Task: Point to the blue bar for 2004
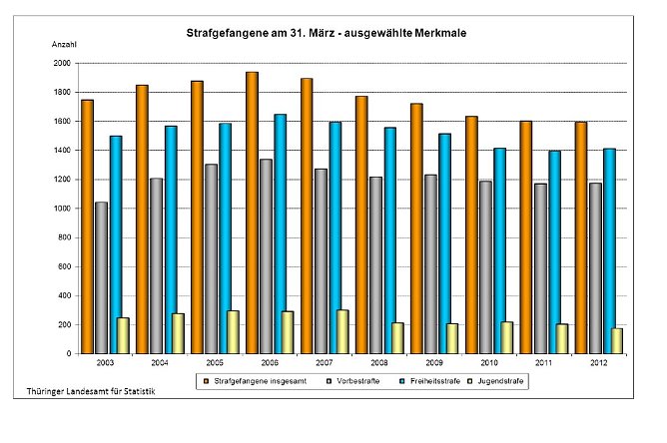[171, 239]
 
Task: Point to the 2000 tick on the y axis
[62, 63]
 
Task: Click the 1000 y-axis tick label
[62, 209]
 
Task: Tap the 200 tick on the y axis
[64, 325]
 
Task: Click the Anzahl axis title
[64, 46]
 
